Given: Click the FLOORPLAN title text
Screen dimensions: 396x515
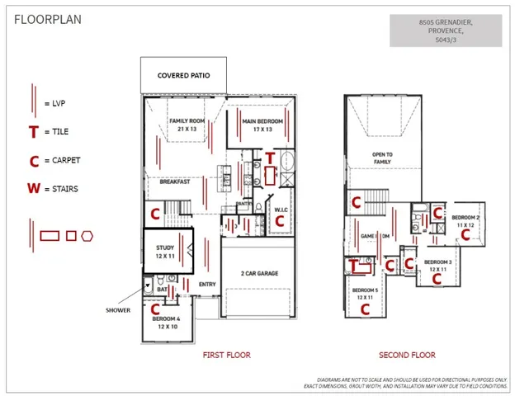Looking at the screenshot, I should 48,19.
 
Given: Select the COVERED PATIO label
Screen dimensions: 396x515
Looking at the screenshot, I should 182,76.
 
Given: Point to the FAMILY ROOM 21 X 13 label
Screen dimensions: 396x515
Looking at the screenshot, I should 186,125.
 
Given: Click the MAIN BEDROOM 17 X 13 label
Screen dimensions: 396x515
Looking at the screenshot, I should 262,125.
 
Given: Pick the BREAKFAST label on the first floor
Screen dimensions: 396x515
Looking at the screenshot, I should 175,181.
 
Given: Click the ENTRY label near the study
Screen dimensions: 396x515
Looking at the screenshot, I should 207,285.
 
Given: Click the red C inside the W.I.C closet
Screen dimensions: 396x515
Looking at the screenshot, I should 279,220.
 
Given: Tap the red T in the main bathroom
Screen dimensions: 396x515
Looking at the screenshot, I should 270,158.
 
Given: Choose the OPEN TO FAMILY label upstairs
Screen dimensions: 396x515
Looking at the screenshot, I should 382,158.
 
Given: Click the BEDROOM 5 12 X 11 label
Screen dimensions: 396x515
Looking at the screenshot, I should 365,293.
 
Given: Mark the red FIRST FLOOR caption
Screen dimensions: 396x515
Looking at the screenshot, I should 226,355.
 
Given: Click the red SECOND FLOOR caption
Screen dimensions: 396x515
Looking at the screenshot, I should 407,355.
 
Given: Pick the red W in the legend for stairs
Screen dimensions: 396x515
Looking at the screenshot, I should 33,188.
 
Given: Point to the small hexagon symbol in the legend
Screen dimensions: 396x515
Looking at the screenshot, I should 87,236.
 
